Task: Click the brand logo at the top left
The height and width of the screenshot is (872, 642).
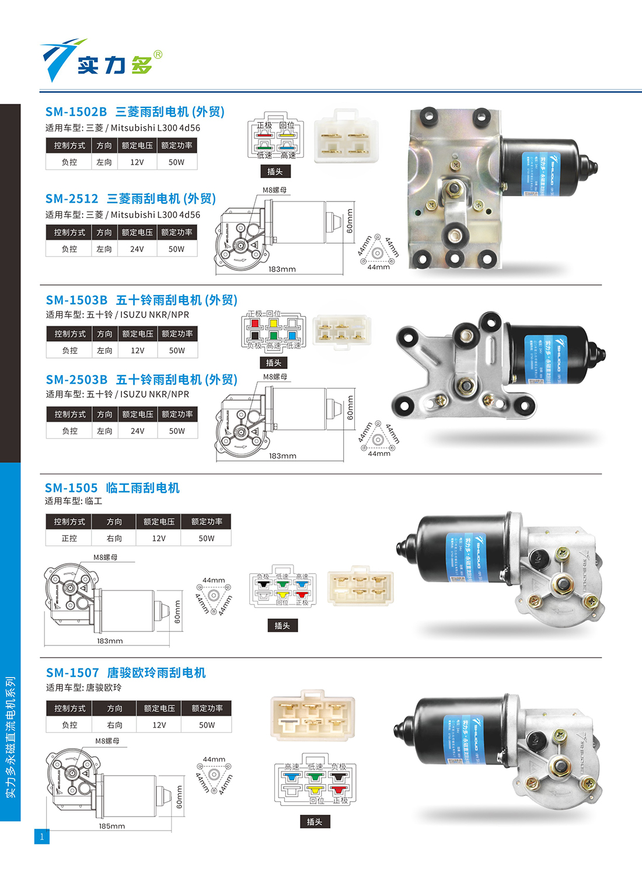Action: (99, 60)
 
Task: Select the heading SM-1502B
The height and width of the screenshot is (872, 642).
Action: (76, 112)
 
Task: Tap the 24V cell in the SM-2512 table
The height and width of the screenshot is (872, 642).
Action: (137, 249)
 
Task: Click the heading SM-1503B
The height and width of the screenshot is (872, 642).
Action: (76, 300)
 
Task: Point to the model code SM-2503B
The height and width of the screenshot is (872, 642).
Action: (76, 380)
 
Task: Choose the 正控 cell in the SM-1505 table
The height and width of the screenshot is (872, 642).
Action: (69, 538)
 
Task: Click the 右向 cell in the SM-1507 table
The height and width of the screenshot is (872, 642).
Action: (114, 725)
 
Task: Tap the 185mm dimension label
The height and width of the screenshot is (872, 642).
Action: (111, 826)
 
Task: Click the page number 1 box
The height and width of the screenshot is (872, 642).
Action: (41, 836)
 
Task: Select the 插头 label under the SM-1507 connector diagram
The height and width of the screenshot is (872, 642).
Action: (315, 822)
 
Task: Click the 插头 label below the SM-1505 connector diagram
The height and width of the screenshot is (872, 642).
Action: (282, 626)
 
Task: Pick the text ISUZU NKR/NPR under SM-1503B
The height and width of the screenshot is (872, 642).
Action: (155, 315)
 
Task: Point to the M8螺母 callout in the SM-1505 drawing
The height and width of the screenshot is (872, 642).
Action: (105, 557)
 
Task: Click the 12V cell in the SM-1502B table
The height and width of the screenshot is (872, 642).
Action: (137, 162)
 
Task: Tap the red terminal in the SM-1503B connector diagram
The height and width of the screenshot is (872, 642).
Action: (254, 323)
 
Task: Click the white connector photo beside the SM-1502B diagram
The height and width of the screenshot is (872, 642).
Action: (346, 136)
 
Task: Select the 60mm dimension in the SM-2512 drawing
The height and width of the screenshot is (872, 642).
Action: (350, 221)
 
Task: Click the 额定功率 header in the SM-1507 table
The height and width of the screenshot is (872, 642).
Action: (207, 708)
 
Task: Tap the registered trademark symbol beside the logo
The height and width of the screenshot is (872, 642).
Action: (158, 55)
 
